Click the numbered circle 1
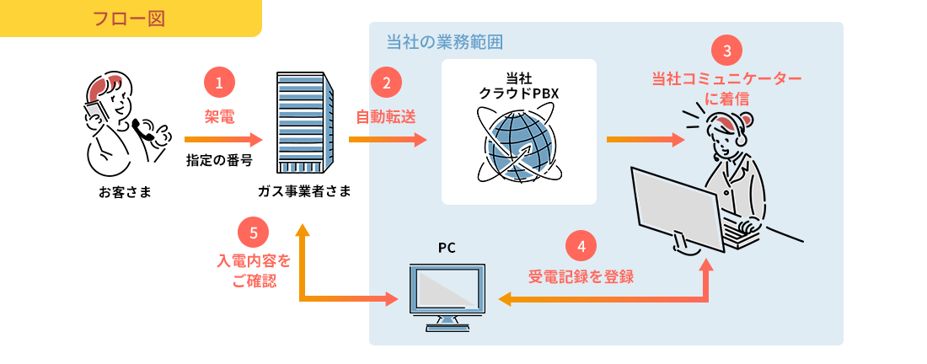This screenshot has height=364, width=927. pos(219,83)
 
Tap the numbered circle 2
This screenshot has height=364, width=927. pos(386,83)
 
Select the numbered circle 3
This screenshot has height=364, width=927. pos(727,51)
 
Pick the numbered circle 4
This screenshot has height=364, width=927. pos(581,245)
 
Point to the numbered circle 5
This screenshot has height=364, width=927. pos(254,232)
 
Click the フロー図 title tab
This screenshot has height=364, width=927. pos(129,18)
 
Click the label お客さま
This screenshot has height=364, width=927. pos(125,191)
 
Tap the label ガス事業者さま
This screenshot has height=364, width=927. pos(304,191)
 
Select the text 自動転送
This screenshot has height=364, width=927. pos(386,116)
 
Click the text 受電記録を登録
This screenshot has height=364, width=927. pos(581,276)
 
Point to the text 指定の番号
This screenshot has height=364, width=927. pos(219,159)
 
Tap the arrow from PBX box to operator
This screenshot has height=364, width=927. pos(645,139)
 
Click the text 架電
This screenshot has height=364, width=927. pos(219,116)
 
